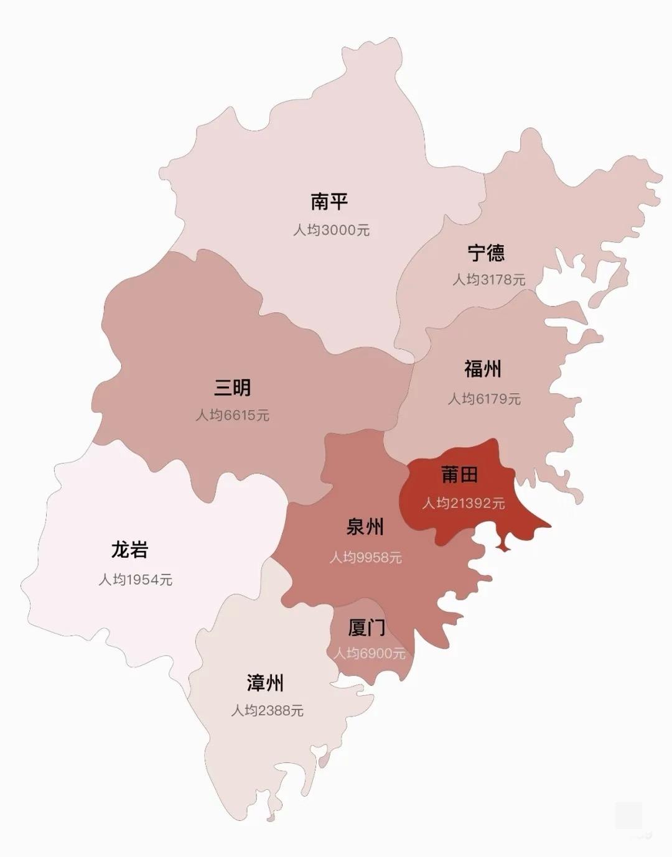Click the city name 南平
(x=329, y=202)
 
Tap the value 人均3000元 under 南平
(x=331, y=230)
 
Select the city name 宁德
(x=486, y=252)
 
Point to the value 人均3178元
(x=488, y=280)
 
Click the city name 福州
(x=483, y=369)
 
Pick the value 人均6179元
(x=484, y=399)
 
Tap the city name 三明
(x=232, y=387)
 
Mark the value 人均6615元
(x=232, y=415)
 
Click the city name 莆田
(x=459, y=475)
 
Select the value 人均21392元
(x=463, y=503)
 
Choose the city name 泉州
(x=365, y=527)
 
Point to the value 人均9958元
(x=365, y=557)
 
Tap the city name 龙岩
(x=130, y=550)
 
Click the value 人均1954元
(x=135, y=580)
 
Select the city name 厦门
(x=366, y=628)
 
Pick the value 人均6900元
(x=369, y=654)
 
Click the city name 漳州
(x=265, y=683)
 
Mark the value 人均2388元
(x=267, y=710)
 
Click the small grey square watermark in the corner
(x=628, y=815)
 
